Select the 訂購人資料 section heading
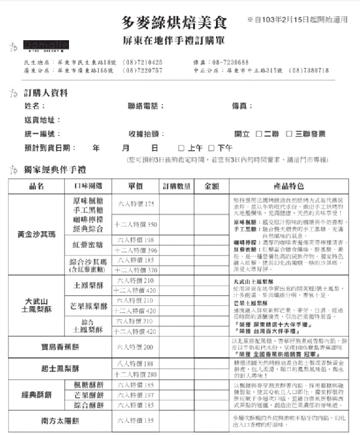pyautogui.click(x=46, y=94)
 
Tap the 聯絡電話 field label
pyautogui.click(x=146, y=106)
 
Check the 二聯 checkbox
pyautogui.click(x=259, y=134)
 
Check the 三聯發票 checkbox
pyautogui.click(x=289, y=134)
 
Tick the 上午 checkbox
pyautogui.click(x=181, y=148)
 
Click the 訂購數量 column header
pyautogui.click(x=176, y=186)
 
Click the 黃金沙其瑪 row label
pyautogui.click(x=37, y=233)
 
